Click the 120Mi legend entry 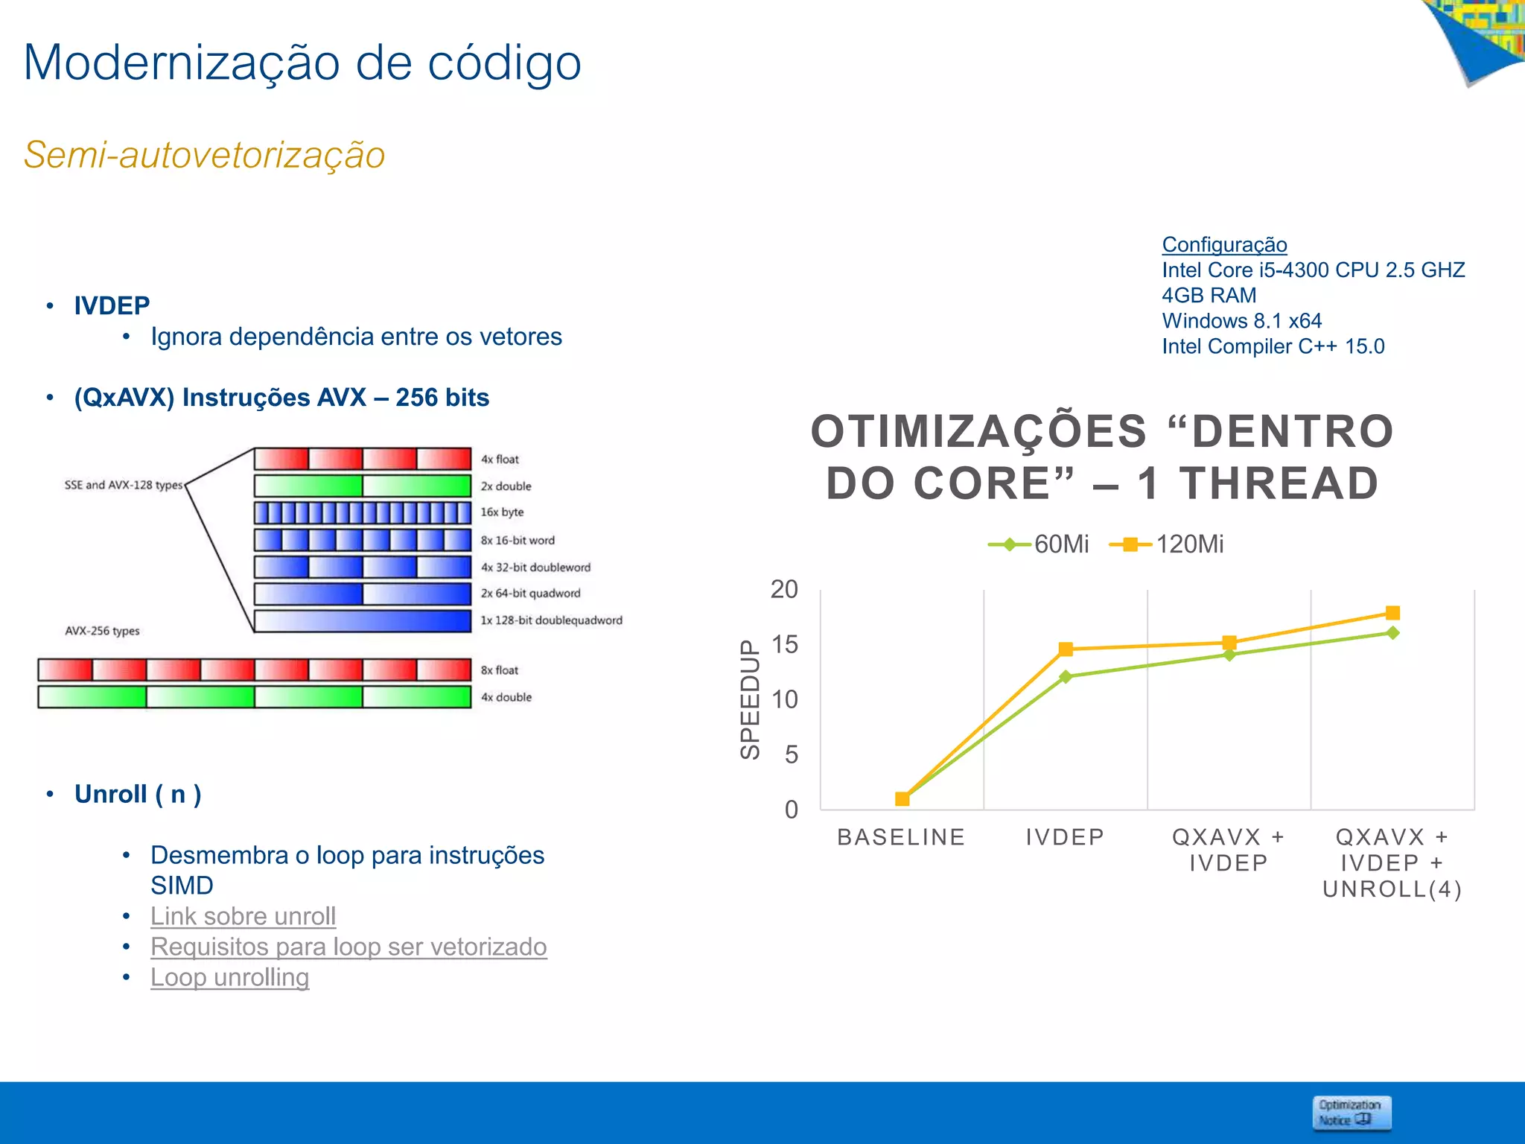coord(1167,544)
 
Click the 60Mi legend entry coord(1040,544)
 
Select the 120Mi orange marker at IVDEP coord(1066,649)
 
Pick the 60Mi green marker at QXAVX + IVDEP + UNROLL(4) coord(1392,633)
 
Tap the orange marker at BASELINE coord(902,799)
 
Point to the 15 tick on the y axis coord(784,644)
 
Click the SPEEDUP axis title coord(750,699)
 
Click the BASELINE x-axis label coord(901,837)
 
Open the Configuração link coord(1224,244)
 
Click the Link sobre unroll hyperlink coord(243,916)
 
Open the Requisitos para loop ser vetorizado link coord(348,947)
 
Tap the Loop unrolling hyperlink coord(229,977)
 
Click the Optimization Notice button coord(1351,1113)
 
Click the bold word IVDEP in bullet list coord(112,305)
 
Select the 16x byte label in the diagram coord(502,512)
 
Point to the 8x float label coord(499,670)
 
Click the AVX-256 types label coord(102,631)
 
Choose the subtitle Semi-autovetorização coord(204,155)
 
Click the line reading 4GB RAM coord(1209,296)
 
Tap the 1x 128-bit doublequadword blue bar coord(363,620)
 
